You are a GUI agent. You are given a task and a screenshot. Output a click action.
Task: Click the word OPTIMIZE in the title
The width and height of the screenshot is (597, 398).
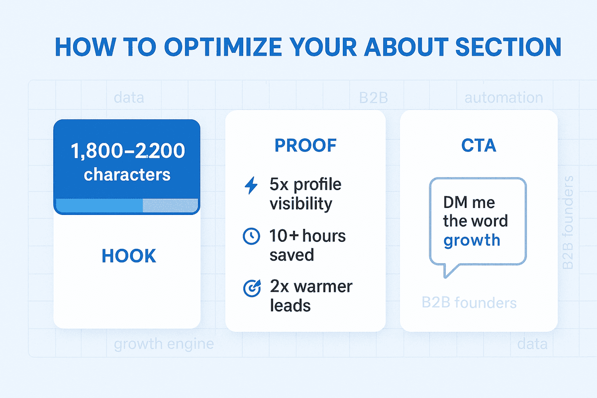click(x=223, y=47)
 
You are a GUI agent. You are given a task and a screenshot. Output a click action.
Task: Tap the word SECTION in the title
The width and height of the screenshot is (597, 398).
click(x=508, y=47)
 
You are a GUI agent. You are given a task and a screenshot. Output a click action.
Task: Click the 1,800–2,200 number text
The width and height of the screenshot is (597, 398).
click(x=128, y=151)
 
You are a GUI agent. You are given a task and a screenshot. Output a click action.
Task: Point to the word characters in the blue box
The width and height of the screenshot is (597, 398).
click(x=127, y=175)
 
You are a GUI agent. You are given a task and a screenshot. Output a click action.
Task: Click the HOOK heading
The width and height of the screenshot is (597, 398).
click(x=129, y=256)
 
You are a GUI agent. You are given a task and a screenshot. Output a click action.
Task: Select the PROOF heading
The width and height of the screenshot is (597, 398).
click(x=305, y=145)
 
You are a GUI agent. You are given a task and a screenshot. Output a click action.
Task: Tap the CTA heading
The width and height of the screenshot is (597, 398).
click(x=479, y=145)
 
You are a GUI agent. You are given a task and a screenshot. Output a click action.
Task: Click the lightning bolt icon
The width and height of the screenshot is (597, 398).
click(x=251, y=185)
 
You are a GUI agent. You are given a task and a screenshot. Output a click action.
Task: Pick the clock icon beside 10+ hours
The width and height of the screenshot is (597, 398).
click(x=251, y=236)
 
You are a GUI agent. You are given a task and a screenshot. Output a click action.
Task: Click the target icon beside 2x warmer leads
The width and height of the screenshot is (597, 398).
click(x=252, y=288)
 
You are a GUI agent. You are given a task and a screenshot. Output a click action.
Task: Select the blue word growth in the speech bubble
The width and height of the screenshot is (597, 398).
click(x=472, y=240)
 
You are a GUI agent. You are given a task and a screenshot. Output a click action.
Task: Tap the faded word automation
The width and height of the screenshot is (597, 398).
click(x=503, y=98)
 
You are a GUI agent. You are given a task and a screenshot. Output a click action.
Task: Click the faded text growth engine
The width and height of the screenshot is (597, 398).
click(x=164, y=344)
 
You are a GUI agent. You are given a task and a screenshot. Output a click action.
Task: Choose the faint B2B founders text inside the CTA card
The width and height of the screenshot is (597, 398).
click(x=469, y=303)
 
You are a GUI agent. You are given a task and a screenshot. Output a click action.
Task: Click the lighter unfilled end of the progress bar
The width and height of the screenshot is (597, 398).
click(x=171, y=205)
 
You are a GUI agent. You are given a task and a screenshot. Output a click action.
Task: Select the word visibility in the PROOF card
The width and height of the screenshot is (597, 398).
click(x=301, y=203)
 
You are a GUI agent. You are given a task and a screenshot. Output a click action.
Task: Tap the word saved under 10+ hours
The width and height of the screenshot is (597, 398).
click(x=292, y=255)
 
